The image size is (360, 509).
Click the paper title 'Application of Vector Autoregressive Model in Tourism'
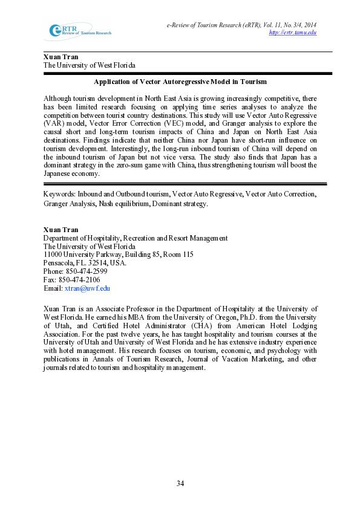[180, 82]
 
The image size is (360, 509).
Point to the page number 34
[180, 483]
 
